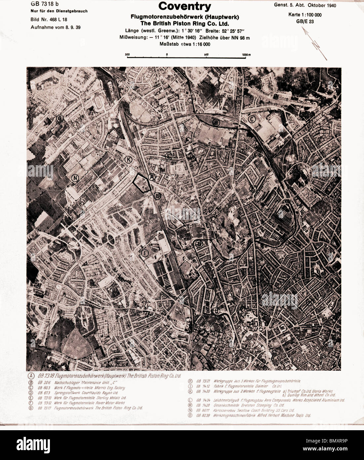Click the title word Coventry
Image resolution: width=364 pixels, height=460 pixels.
pyautogui.click(x=184, y=6)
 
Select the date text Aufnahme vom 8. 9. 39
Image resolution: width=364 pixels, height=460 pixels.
pyautogui.click(x=55, y=27)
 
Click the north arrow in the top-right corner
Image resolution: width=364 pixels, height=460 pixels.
pyautogui.click(x=315, y=43)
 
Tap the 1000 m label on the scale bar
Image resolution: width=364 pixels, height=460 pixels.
pyautogui.click(x=246, y=54)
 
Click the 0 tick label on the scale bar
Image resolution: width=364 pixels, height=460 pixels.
pyautogui.click(x=167, y=54)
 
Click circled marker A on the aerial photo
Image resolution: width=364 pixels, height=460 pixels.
pyautogui.click(x=152, y=177)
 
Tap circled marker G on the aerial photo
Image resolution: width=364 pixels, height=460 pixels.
pyautogui.click(x=60, y=118)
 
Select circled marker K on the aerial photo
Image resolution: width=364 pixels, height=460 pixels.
pyautogui.click(x=128, y=160)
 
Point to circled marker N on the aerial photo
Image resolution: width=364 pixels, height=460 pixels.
pyautogui.click(x=75, y=178)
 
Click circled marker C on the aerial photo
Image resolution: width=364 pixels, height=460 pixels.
pyautogui.click(x=252, y=119)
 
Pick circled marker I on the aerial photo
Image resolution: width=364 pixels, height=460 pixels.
pyautogui.click(x=144, y=253)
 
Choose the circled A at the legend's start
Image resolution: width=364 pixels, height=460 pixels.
pyautogui.click(x=31, y=376)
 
